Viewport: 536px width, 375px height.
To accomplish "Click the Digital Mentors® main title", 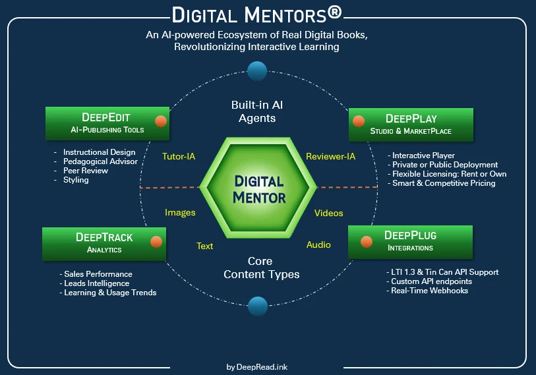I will pyautogui.click(x=256, y=14).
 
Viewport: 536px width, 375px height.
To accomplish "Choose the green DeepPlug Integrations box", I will pyautogui.click(x=410, y=241).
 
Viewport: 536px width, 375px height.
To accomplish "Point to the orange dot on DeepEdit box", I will pyautogui.click(x=160, y=121).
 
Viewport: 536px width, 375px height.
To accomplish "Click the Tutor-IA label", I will pyautogui.click(x=179, y=157).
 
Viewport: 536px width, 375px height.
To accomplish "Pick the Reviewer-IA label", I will pyautogui.click(x=331, y=156).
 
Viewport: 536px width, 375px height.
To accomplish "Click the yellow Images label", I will pyautogui.click(x=180, y=212).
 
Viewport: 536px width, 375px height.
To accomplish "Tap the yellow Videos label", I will pyautogui.click(x=328, y=213).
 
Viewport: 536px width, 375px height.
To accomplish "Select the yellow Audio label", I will pyautogui.click(x=318, y=245).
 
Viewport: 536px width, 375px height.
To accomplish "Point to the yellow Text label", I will pyautogui.click(x=205, y=246).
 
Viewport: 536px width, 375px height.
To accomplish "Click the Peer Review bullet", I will pyautogui.click(x=86, y=171).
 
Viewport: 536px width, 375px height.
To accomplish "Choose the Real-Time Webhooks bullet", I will pyautogui.click(x=430, y=291).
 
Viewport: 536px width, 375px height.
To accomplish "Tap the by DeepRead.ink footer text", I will pyautogui.click(x=256, y=367).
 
